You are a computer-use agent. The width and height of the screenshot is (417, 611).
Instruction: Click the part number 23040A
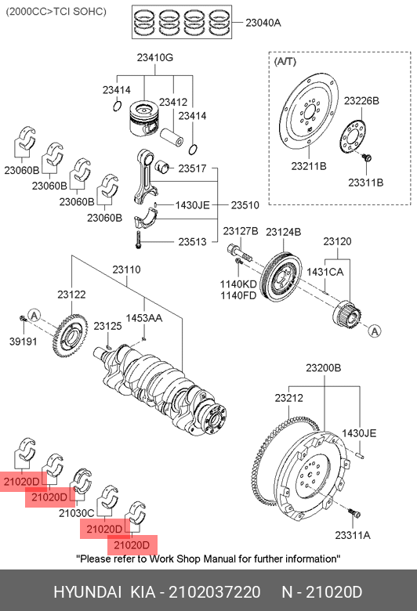coord(263,23)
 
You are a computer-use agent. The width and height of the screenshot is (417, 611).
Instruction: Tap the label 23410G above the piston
coord(155,58)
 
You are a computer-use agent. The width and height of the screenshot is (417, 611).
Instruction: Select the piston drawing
coord(144,119)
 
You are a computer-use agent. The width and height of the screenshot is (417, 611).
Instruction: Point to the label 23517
coord(192,168)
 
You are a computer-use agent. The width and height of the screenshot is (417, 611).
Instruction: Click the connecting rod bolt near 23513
coord(138,240)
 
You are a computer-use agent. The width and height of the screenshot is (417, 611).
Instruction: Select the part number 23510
coord(245,205)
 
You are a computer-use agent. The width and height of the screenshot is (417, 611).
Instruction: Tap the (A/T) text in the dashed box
coord(285,62)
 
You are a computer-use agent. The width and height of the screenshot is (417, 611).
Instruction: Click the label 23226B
coord(361,101)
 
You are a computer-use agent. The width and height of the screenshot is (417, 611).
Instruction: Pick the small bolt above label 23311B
coord(366,157)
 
